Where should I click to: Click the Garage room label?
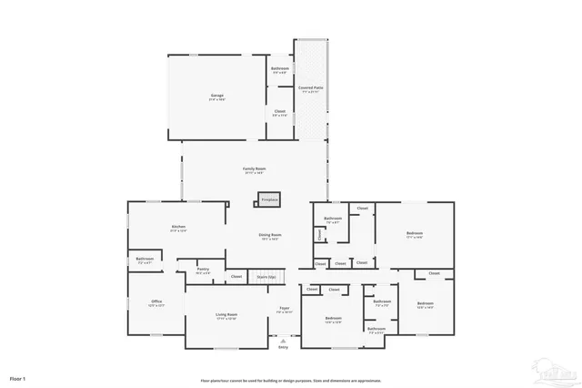[217, 96]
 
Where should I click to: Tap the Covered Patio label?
[311, 88]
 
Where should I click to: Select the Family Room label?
[254, 169]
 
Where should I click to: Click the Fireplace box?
[269, 199]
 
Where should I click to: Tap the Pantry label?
[203, 270]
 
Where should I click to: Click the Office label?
[156, 301]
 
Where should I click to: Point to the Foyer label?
[284, 310]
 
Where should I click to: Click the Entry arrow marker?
[283, 342]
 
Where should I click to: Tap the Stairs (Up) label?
[266, 276]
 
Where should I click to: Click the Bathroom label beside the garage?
[280, 69]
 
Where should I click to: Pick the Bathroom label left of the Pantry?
[145, 259]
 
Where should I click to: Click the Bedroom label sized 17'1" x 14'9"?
[415, 233]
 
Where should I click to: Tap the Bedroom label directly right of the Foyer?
[333, 319]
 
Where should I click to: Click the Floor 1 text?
[18, 377]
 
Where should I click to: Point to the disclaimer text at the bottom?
[291, 381]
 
